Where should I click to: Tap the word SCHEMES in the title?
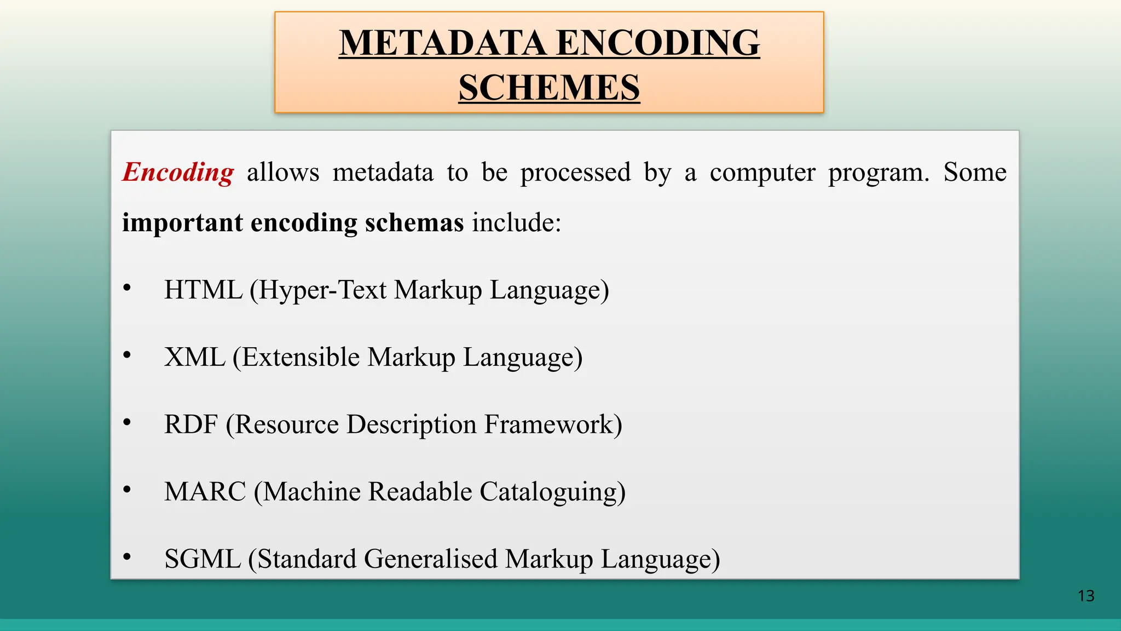point(549,88)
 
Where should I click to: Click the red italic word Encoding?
point(178,173)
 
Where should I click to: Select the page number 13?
point(1086,596)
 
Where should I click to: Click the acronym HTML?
point(203,290)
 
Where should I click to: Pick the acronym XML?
point(195,357)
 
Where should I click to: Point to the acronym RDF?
point(191,425)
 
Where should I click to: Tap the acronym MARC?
point(205,491)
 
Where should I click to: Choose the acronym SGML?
point(203,559)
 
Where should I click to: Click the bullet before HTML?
point(127,288)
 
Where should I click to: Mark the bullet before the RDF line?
point(127,422)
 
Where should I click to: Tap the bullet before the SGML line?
point(127,557)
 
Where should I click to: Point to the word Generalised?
point(431,559)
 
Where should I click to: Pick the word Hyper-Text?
point(322,290)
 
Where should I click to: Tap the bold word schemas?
point(414,223)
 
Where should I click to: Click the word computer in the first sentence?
point(762,173)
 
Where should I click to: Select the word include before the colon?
point(513,223)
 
